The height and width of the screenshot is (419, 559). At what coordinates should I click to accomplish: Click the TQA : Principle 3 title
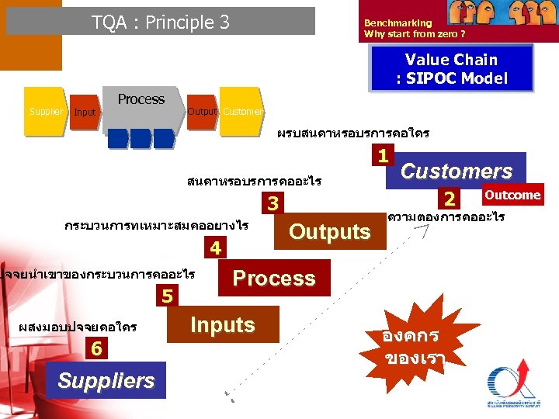click(161, 22)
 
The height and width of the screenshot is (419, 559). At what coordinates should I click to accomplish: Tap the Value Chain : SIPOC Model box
click(452, 68)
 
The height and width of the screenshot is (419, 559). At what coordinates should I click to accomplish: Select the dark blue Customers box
click(456, 171)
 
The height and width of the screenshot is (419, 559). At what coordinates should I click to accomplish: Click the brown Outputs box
click(330, 231)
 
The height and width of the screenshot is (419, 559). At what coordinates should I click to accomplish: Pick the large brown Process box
click(274, 278)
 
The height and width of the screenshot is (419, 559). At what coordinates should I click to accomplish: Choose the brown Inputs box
click(222, 324)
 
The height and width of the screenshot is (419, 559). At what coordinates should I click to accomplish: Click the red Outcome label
click(512, 195)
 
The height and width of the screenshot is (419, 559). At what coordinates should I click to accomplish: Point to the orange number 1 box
click(383, 155)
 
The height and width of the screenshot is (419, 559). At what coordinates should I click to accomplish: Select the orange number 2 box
click(448, 198)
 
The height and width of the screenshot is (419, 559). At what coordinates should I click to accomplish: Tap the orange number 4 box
click(216, 249)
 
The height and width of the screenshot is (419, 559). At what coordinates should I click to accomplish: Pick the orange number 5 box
click(168, 296)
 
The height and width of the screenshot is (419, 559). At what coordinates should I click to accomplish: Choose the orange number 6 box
click(95, 349)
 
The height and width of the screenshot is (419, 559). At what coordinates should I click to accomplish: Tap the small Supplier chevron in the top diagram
click(46, 113)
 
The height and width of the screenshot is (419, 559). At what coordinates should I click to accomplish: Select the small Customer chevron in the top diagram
click(241, 112)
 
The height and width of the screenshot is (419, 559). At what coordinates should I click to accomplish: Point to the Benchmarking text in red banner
click(398, 23)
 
